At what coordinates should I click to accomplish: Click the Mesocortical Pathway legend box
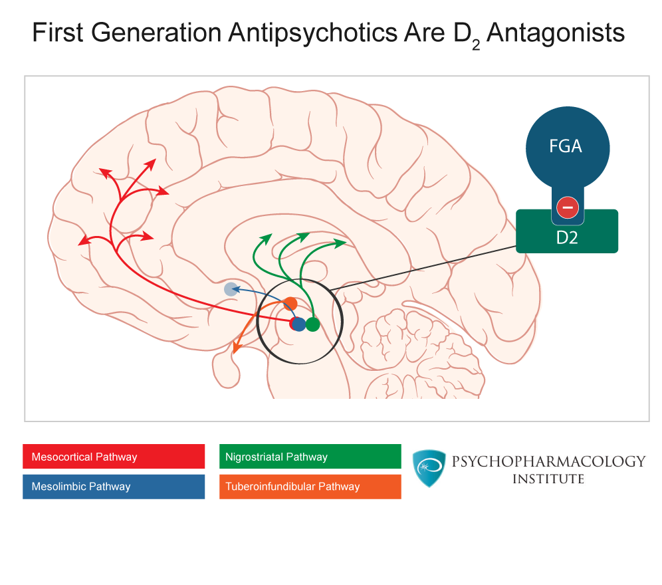coord(113,457)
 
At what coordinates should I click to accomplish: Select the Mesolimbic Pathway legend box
coord(113,487)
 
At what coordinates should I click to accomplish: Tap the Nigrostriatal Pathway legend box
coord(310,457)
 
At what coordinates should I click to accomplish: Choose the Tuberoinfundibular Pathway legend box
coord(310,487)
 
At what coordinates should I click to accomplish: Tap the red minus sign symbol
coord(567,207)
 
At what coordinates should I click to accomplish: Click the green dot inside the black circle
coord(312,324)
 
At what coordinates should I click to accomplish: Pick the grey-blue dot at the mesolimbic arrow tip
coord(231,289)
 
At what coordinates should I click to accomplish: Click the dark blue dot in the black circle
coord(299,324)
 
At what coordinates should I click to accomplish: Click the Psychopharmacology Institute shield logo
coord(429,469)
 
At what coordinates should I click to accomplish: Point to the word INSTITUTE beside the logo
coord(548,479)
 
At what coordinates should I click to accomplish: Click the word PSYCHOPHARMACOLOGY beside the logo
coord(548,461)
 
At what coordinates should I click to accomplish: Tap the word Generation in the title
coord(154,33)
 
